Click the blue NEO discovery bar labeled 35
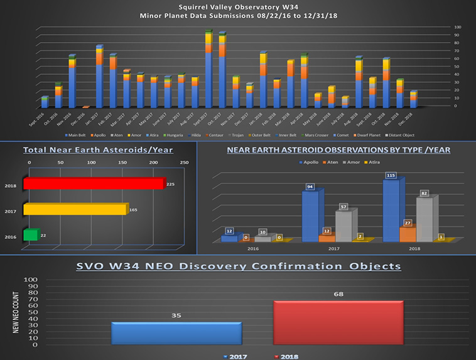coord(176,332)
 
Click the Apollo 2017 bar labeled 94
coord(310,216)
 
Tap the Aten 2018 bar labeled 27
coord(408,234)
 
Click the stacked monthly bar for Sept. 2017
coord(208,70)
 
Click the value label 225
coord(171,184)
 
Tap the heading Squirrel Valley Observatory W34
coord(238,6)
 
